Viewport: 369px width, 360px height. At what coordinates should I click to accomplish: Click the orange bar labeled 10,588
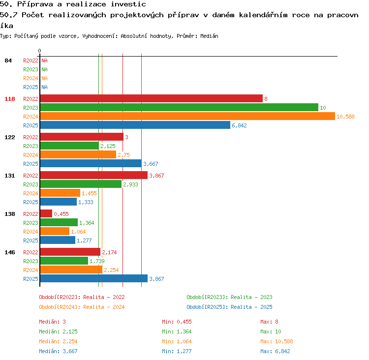coord(187,116)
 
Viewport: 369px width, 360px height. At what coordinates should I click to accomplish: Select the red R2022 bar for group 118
coord(152,98)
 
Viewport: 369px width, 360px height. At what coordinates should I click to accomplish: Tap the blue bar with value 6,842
coord(135,125)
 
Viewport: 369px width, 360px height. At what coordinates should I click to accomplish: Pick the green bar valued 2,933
coord(81,184)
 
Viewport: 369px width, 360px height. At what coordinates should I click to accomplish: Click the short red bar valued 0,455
coord(46,213)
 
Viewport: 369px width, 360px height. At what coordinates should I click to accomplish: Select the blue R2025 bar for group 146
coord(94,278)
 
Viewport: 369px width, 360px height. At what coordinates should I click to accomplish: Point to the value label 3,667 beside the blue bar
coord(151,164)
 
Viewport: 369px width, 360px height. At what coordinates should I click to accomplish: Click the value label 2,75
coord(123,155)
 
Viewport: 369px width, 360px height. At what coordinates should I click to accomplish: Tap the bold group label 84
coord(8,60)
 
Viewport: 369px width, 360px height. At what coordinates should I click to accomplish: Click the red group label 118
coord(10,99)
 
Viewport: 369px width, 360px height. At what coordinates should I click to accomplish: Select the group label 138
coord(10,214)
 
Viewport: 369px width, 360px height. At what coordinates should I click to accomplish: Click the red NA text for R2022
coord(44,60)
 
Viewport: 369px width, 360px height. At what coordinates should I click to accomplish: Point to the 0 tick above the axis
coord(39,51)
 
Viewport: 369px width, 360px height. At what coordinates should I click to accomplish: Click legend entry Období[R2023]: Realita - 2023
coord(229,297)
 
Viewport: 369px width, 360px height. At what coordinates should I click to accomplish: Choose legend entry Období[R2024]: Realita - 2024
coord(82,307)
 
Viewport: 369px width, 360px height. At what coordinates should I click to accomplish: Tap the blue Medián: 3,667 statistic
coord(58,351)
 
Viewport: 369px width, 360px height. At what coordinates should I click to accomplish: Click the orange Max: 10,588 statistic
coord(277,341)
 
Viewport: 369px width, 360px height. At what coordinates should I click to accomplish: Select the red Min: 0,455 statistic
coord(177,322)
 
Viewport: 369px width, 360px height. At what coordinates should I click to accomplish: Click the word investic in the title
coord(128,4)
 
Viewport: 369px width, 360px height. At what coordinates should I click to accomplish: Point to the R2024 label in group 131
coord(31,193)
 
